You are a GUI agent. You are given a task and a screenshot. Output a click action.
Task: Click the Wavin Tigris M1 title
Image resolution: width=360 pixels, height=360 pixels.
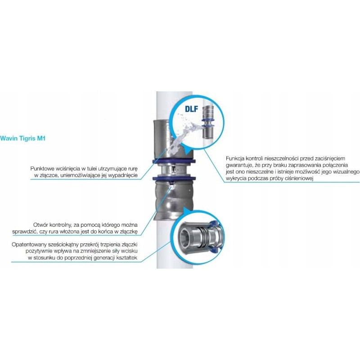[23, 138]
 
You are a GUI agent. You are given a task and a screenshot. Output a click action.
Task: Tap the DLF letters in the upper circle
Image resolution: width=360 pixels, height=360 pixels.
[191, 108]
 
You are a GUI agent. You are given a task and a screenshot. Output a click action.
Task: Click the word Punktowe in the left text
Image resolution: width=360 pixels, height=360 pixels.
[42, 168]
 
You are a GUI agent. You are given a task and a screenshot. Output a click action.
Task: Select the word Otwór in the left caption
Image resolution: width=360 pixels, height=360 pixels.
[40, 225]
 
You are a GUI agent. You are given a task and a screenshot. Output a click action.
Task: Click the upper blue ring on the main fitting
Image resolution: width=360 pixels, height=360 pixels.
[174, 161]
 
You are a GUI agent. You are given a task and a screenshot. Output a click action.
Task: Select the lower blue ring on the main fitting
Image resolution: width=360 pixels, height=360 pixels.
[174, 178]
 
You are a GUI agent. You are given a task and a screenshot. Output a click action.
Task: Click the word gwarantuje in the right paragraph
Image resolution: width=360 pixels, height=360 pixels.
[238, 165]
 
